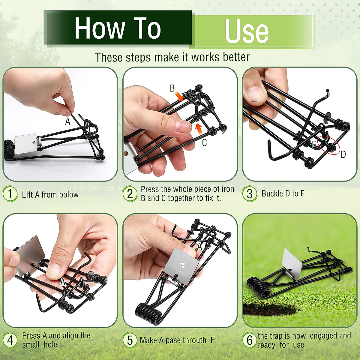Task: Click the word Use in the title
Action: [247, 31]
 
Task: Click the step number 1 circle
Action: [10, 194]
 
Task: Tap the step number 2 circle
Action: [130, 194]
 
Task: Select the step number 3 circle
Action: [250, 194]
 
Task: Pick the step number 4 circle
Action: [10, 340]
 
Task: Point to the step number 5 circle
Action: [130, 340]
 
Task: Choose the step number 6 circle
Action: [250, 340]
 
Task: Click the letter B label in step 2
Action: [172, 88]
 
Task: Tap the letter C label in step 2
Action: [204, 143]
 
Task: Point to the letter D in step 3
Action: [343, 154]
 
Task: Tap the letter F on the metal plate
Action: [182, 267]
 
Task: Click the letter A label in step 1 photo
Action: [68, 121]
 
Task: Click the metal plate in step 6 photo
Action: [292, 264]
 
